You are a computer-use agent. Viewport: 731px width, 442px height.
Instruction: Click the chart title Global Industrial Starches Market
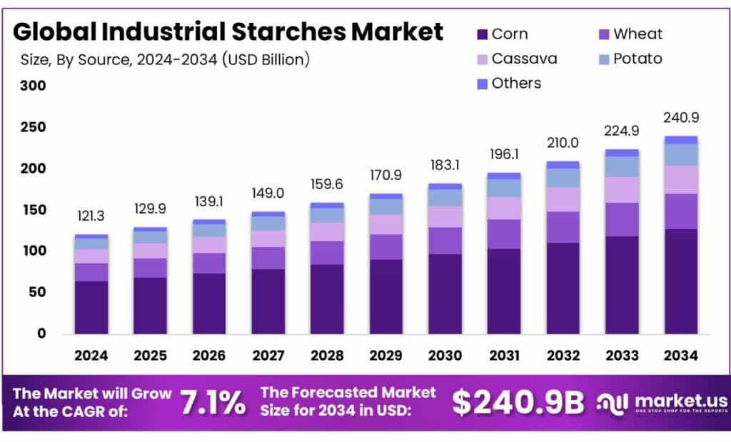[x=228, y=31]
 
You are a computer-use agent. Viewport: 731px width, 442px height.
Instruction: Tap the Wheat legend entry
[x=628, y=34]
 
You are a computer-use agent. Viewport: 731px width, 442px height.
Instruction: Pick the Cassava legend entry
[x=515, y=59]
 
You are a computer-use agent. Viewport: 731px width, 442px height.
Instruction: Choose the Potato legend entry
[x=628, y=59]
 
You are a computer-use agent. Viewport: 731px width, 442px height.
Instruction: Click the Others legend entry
[x=508, y=83]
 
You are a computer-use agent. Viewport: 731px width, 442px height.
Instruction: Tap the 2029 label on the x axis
[x=385, y=355]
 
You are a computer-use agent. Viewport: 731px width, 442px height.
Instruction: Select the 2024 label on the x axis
[x=91, y=355]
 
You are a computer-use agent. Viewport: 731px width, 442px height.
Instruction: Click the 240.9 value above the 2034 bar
[x=680, y=118]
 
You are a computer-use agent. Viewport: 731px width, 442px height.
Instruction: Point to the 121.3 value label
[x=91, y=216]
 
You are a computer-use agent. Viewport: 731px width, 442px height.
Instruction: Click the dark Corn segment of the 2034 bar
[x=680, y=281]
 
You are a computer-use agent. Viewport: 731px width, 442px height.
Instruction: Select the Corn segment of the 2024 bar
[x=91, y=307]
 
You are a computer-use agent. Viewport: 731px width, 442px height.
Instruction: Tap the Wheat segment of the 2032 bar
[x=563, y=227]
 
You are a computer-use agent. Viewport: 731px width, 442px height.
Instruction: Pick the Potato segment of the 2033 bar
[x=621, y=166]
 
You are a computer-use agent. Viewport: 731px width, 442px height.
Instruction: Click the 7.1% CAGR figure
[x=212, y=403]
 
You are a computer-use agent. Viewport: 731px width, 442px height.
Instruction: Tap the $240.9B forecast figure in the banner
[x=518, y=403]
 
